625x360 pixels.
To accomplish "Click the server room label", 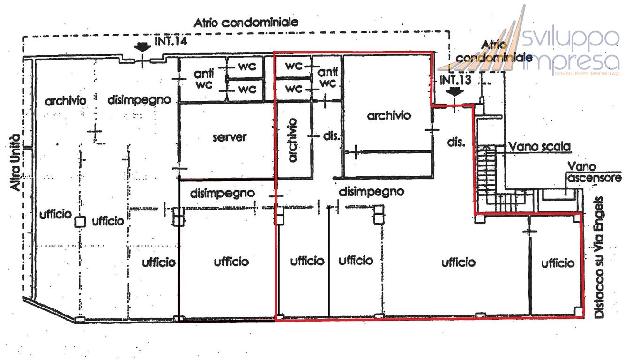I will click(229, 138).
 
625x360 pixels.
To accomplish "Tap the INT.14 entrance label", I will click(171, 42).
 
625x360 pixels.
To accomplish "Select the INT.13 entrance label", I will click(455, 80).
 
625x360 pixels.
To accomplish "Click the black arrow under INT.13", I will click(454, 92).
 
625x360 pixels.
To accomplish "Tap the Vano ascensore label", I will click(594, 172).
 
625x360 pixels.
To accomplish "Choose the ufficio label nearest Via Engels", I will click(558, 263).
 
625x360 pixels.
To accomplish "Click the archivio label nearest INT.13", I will click(389, 115).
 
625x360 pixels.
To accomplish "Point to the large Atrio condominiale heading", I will click(247, 22).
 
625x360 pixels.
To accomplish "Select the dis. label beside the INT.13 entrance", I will click(455, 142).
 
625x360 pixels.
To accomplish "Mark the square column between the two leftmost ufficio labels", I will click(81, 222).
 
